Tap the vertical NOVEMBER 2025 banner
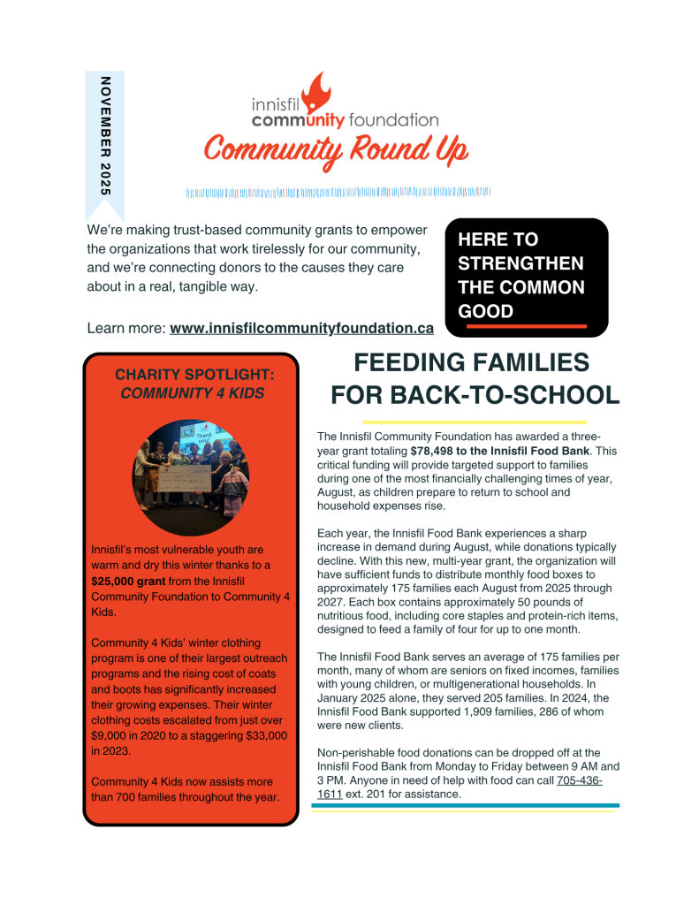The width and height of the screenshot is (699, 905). [x=105, y=137]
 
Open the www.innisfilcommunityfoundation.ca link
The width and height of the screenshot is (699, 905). [x=301, y=328]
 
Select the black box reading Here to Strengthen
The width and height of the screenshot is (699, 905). [x=526, y=277]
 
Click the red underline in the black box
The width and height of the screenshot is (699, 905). [x=526, y=326]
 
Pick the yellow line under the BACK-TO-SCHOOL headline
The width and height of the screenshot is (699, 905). [x=475, y=422]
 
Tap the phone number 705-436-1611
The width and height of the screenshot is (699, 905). [x=580, y=781]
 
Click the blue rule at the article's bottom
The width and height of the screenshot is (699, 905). [x=465, y=805]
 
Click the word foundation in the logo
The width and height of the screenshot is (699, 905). [x=394, y=119]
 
